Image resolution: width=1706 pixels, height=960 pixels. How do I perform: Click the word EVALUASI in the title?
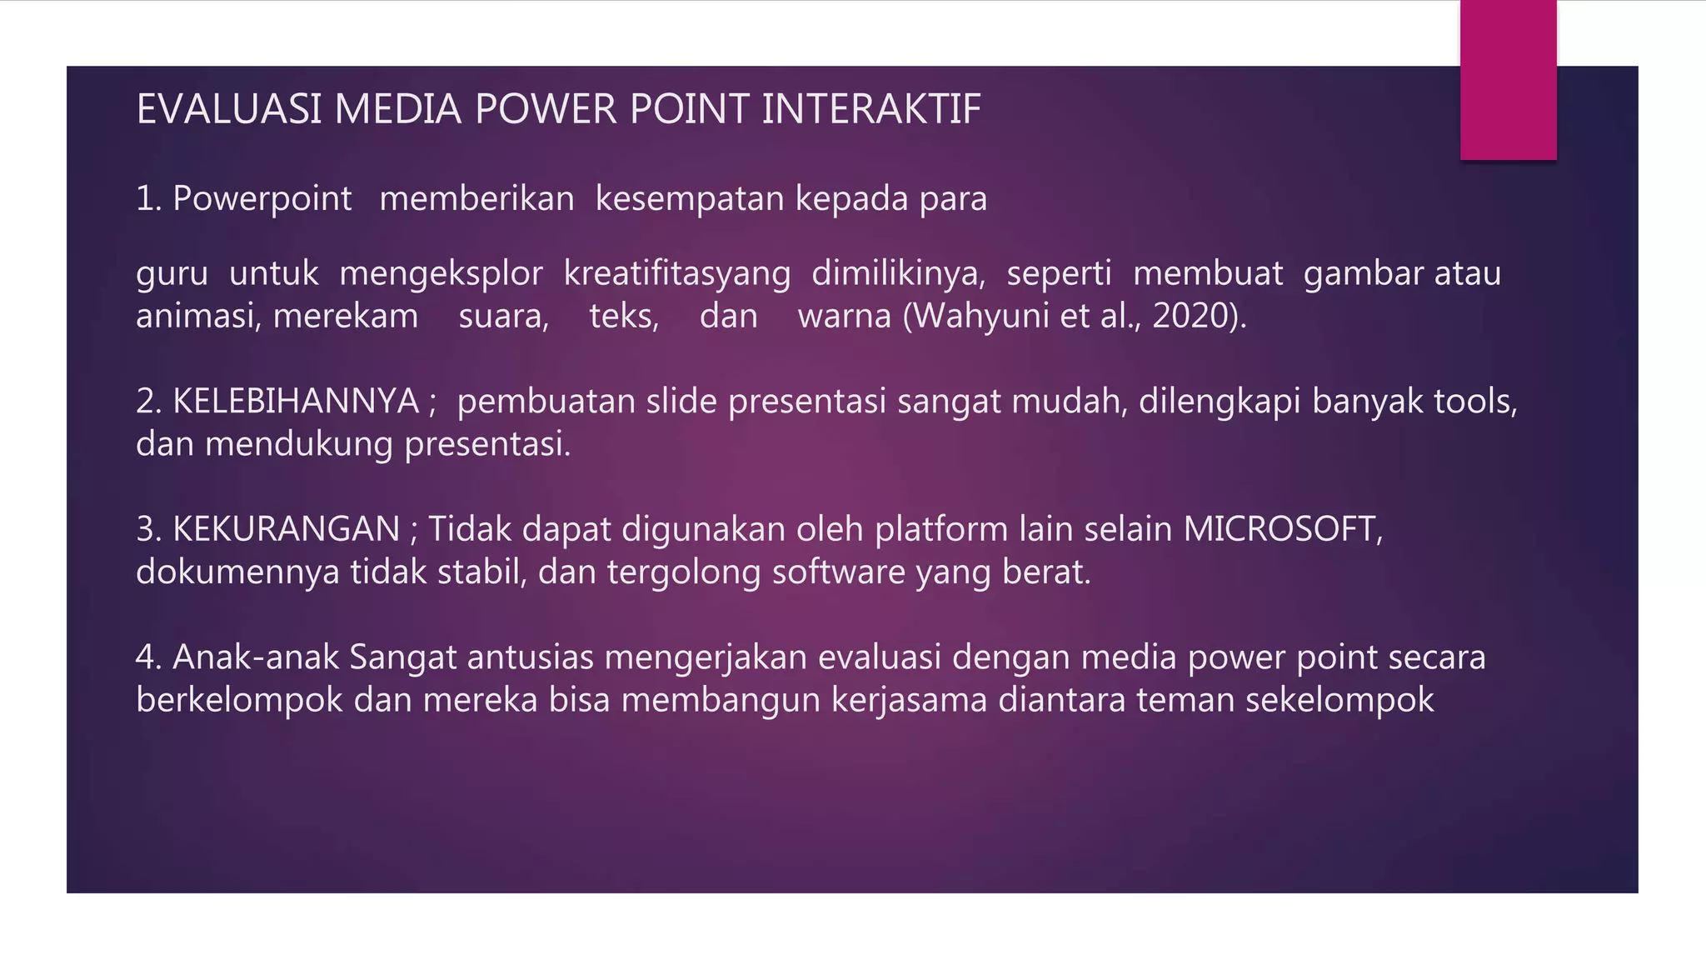[x=228, y=109]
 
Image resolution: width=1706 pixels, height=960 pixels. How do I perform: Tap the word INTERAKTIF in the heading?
[x=871, y=109]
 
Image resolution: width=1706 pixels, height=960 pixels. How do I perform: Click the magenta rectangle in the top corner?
[x=1508, y=80]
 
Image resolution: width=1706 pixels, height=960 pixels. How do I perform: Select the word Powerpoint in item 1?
[x=262, y=199]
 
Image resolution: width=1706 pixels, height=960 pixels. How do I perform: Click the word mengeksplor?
[x=441, y=273]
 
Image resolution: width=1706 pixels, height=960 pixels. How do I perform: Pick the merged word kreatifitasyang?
[x=676, y=273]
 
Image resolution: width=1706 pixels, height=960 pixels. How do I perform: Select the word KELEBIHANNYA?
[x=296, y=402]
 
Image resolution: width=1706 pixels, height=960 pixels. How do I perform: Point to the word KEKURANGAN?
[x=286, y=529]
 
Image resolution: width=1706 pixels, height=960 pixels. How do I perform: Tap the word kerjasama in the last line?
[x=909, y=700]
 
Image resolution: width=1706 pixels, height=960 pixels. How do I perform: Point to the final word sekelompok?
[x=1339, y=700]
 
